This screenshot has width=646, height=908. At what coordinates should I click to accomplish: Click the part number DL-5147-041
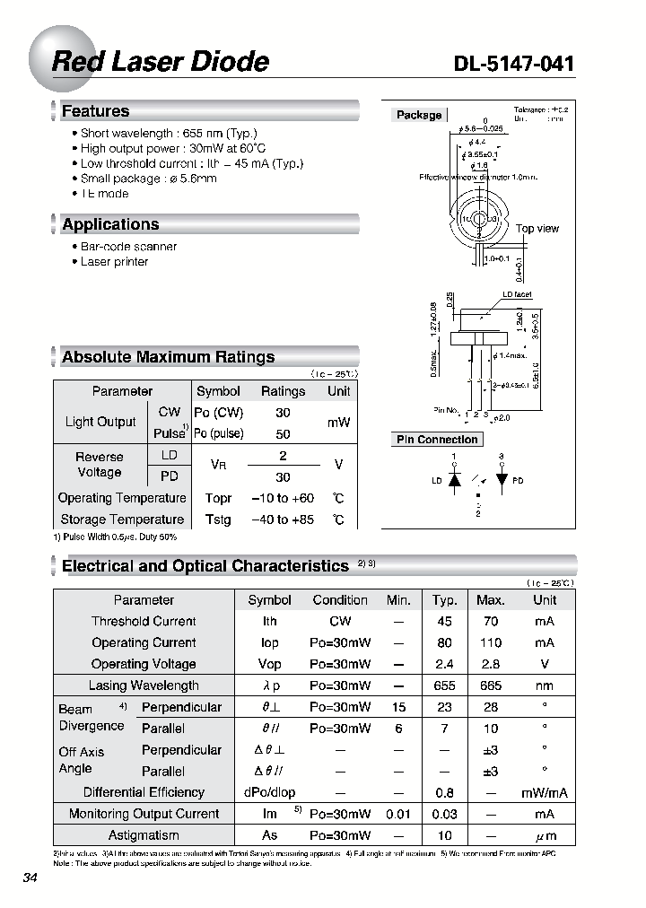click(x=514, y=64)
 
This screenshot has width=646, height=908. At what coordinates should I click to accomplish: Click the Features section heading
click(x=95, y=111)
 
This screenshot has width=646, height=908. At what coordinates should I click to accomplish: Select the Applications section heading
click(x=110, y=224)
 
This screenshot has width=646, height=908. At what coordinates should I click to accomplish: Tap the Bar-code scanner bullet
click(x=128, y=247)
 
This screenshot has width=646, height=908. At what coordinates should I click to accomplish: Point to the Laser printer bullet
click(x=114, y=262)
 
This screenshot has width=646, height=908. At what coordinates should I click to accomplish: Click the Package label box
click(x=419, y=115)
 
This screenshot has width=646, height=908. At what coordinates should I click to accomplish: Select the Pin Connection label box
click(x=437, y=440)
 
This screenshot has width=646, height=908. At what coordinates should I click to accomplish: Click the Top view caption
click(x=537, y=229)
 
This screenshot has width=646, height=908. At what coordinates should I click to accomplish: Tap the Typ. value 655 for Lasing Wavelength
click(x=444, y=685)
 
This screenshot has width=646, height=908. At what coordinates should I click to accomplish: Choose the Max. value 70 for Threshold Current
click(x=490, y=621)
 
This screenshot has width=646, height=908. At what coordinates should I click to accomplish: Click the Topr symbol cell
click(x=218, y=498)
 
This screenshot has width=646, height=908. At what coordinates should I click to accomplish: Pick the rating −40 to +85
click(x=283, y=519)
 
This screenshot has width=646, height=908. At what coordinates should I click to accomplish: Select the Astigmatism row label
click(x=144, y=835)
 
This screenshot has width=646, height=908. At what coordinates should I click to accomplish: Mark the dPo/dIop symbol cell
click(x=269, y=792)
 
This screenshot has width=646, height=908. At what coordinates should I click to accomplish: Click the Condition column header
click(x=340, y=600)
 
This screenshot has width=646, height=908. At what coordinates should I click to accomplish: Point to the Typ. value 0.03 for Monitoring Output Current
click(x=444, y=814)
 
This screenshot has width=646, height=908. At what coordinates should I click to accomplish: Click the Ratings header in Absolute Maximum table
click(x=283, y=391)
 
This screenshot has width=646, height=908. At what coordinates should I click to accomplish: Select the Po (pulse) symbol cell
click(x=218, y=433)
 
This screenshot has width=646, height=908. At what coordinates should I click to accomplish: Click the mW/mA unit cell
click(x=544, y=792)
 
